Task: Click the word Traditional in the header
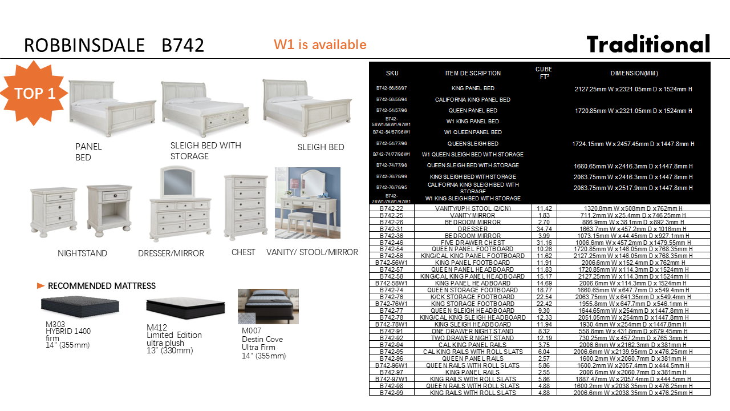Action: coord(648,45)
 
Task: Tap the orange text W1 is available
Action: coord(320,45)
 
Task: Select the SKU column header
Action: coord(392,73)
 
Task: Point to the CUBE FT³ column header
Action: coord(544,72)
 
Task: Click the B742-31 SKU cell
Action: coord(392,229)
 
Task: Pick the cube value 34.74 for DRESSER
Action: coord(544,229)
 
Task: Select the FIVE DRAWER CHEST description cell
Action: coord(473,243)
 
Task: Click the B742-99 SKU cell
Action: coord(392,393)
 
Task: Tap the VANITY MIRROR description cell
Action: coord(473,215)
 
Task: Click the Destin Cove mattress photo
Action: coord(268,307)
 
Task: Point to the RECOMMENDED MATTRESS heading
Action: coord(102,286)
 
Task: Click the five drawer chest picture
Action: coord(245,207)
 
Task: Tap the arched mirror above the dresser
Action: coord(179,182)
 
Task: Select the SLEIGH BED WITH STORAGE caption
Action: coord(206,151)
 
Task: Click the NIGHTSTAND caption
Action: coord(82,253)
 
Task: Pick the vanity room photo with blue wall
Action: coord(307,203)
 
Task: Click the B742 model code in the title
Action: coord(182,45)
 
